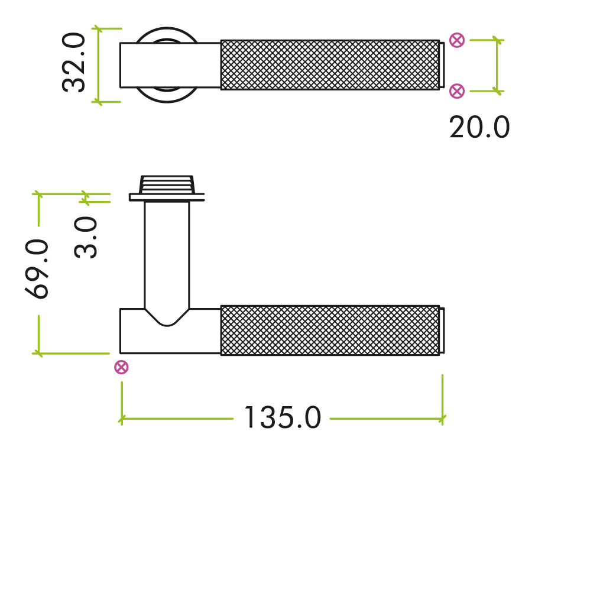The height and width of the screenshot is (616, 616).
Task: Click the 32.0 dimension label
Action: (x=74, y=63)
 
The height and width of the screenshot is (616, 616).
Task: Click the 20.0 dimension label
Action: (x=479, y=128)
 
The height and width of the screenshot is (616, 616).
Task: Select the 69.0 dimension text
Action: (x=38, y=269)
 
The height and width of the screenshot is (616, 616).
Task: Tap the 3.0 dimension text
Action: (x=86, y=237)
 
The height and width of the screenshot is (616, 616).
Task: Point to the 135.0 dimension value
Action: (x=282, y=418)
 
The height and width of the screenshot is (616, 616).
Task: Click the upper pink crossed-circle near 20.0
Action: (x=456, y=40)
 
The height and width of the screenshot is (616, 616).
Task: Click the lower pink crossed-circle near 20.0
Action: (x=456, y=90)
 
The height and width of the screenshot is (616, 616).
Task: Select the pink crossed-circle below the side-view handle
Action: (x=121, y=367)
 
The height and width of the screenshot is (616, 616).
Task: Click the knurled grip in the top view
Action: (x=329, y=64)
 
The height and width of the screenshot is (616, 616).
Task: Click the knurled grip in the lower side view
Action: (x=329, y=330)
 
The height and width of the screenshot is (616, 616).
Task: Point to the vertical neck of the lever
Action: (x=167, y=254)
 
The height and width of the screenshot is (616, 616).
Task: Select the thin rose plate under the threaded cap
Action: (x=167, y=197)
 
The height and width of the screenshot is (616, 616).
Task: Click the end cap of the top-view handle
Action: (x=442, y=64)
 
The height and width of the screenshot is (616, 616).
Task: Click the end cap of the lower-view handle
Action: (x=442, y=330)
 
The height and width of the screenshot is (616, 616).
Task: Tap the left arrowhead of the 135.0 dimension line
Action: (x=122, y=419)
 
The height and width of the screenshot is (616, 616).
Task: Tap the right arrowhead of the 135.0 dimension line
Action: (x=443, y=419)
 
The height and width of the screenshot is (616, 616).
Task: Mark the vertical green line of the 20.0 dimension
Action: (x=497, y=65)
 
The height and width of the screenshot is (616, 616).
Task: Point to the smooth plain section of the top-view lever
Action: (x=170, y=65)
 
